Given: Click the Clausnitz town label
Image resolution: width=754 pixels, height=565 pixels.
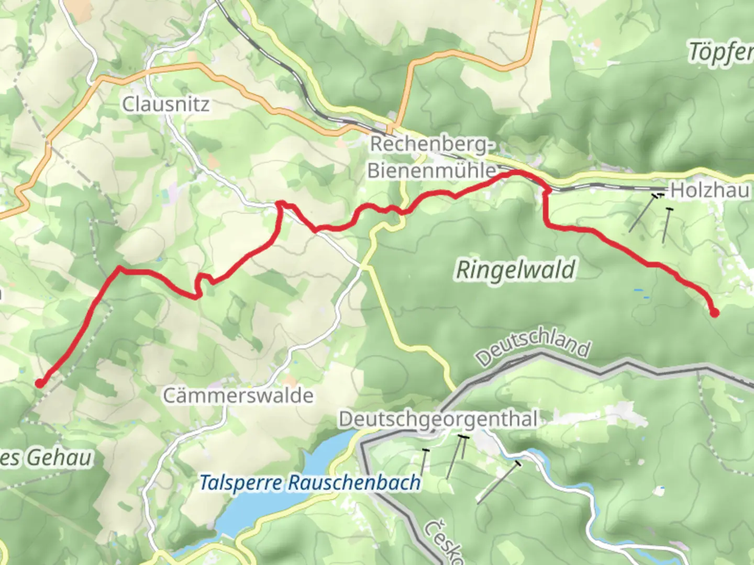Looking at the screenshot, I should (165, 104).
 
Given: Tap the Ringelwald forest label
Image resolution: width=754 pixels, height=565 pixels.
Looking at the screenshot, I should (516, 270).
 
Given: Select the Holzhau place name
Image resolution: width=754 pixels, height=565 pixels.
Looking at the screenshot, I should (709, 190).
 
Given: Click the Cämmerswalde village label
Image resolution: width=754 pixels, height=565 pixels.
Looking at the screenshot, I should (238, 395).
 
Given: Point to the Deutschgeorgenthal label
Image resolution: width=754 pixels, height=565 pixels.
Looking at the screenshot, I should (438, 419).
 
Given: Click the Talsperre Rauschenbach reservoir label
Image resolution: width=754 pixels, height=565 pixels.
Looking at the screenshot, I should (310, 482).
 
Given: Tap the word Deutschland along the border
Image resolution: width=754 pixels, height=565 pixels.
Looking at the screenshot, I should (533, 347).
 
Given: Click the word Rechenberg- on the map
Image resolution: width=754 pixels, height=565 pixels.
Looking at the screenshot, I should (432, 144).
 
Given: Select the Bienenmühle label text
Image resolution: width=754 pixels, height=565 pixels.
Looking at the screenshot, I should (431, 171).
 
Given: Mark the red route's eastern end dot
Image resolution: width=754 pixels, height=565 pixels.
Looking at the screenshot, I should (714, 313).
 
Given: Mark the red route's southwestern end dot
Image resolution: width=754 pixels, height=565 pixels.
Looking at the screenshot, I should (39, 383).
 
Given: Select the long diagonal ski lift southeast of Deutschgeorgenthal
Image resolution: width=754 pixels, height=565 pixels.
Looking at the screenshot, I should (498, 483).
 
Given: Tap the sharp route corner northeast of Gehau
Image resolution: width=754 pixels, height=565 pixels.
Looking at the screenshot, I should (120, 268).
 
